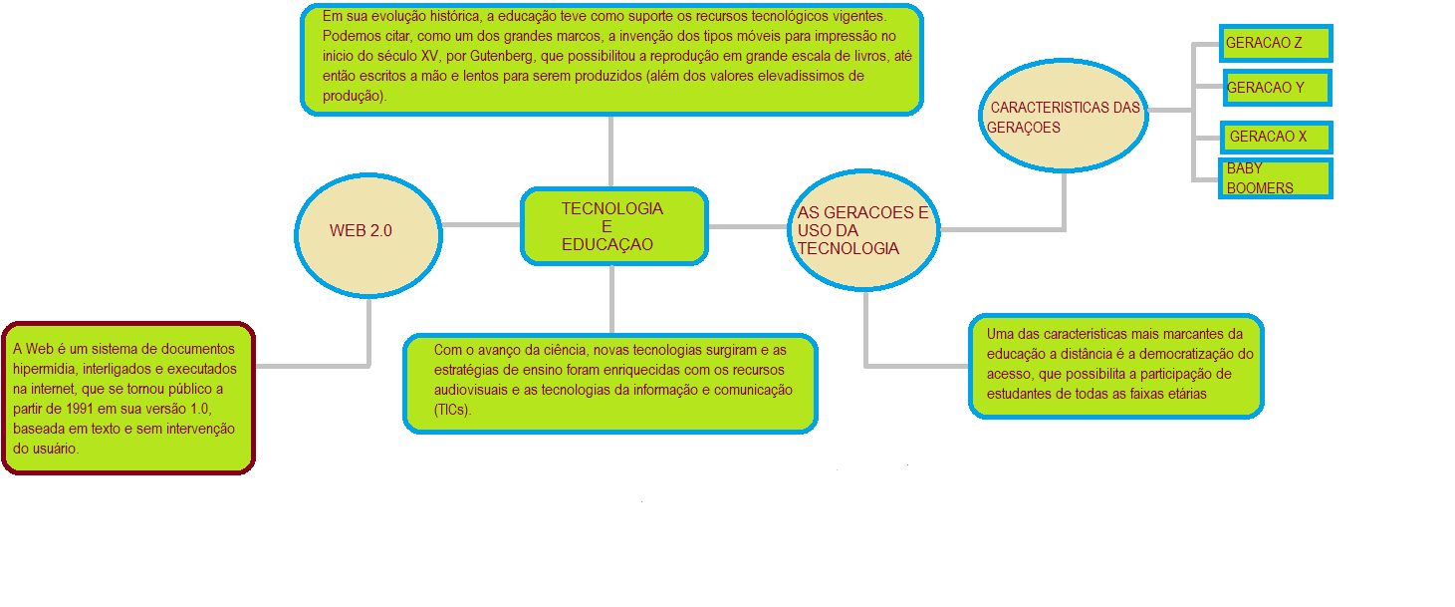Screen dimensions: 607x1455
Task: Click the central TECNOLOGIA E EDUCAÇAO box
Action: pos(613,226)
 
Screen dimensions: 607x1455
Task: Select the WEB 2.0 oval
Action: pos(367,235)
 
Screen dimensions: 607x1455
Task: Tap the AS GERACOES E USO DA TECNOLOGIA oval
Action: pos(863,230)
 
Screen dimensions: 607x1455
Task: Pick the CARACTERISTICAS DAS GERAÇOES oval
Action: pos(1063,118)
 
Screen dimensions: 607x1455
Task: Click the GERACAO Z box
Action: pos(1276,44)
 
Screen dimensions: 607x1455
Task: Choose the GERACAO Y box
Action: pos(1276,88)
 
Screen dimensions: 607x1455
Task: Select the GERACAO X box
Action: pos(1276,137)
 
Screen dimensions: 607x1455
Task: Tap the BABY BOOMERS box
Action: pos(1276,179)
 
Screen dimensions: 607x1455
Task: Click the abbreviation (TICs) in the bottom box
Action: pos(452,410)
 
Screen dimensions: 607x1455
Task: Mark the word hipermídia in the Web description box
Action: pos(44,369)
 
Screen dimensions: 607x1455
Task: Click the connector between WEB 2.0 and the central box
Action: pos(481,224)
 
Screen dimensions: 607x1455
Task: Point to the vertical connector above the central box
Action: pos(610,150)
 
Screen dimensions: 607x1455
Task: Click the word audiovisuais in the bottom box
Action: pos(471,390)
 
